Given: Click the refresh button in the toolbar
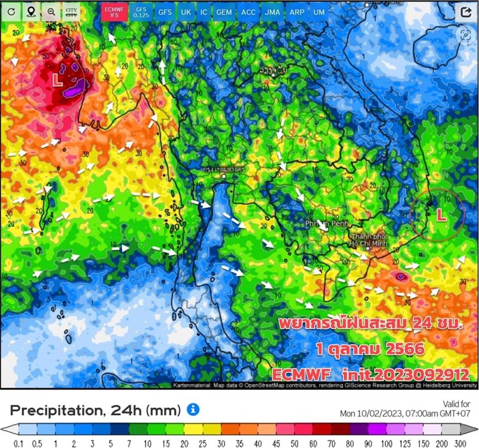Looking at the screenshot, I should [x=12, y=11].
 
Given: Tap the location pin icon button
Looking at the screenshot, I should [x=31, y=11].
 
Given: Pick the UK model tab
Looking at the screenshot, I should [x=186, y=11].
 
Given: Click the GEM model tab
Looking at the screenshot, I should [x=225, y=11].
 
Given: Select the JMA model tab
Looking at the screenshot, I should [x=271, y=11].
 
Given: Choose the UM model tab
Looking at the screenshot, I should [x=319, y=11].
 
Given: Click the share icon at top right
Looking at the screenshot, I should [x=465, y=12].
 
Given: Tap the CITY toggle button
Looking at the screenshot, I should [x=71, y=11].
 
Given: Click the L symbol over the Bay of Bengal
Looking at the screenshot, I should [x=57, y=79].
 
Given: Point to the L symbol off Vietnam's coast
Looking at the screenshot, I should [x=441, y=215].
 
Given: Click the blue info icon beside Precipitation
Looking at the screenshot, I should [x=193, y=409].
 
